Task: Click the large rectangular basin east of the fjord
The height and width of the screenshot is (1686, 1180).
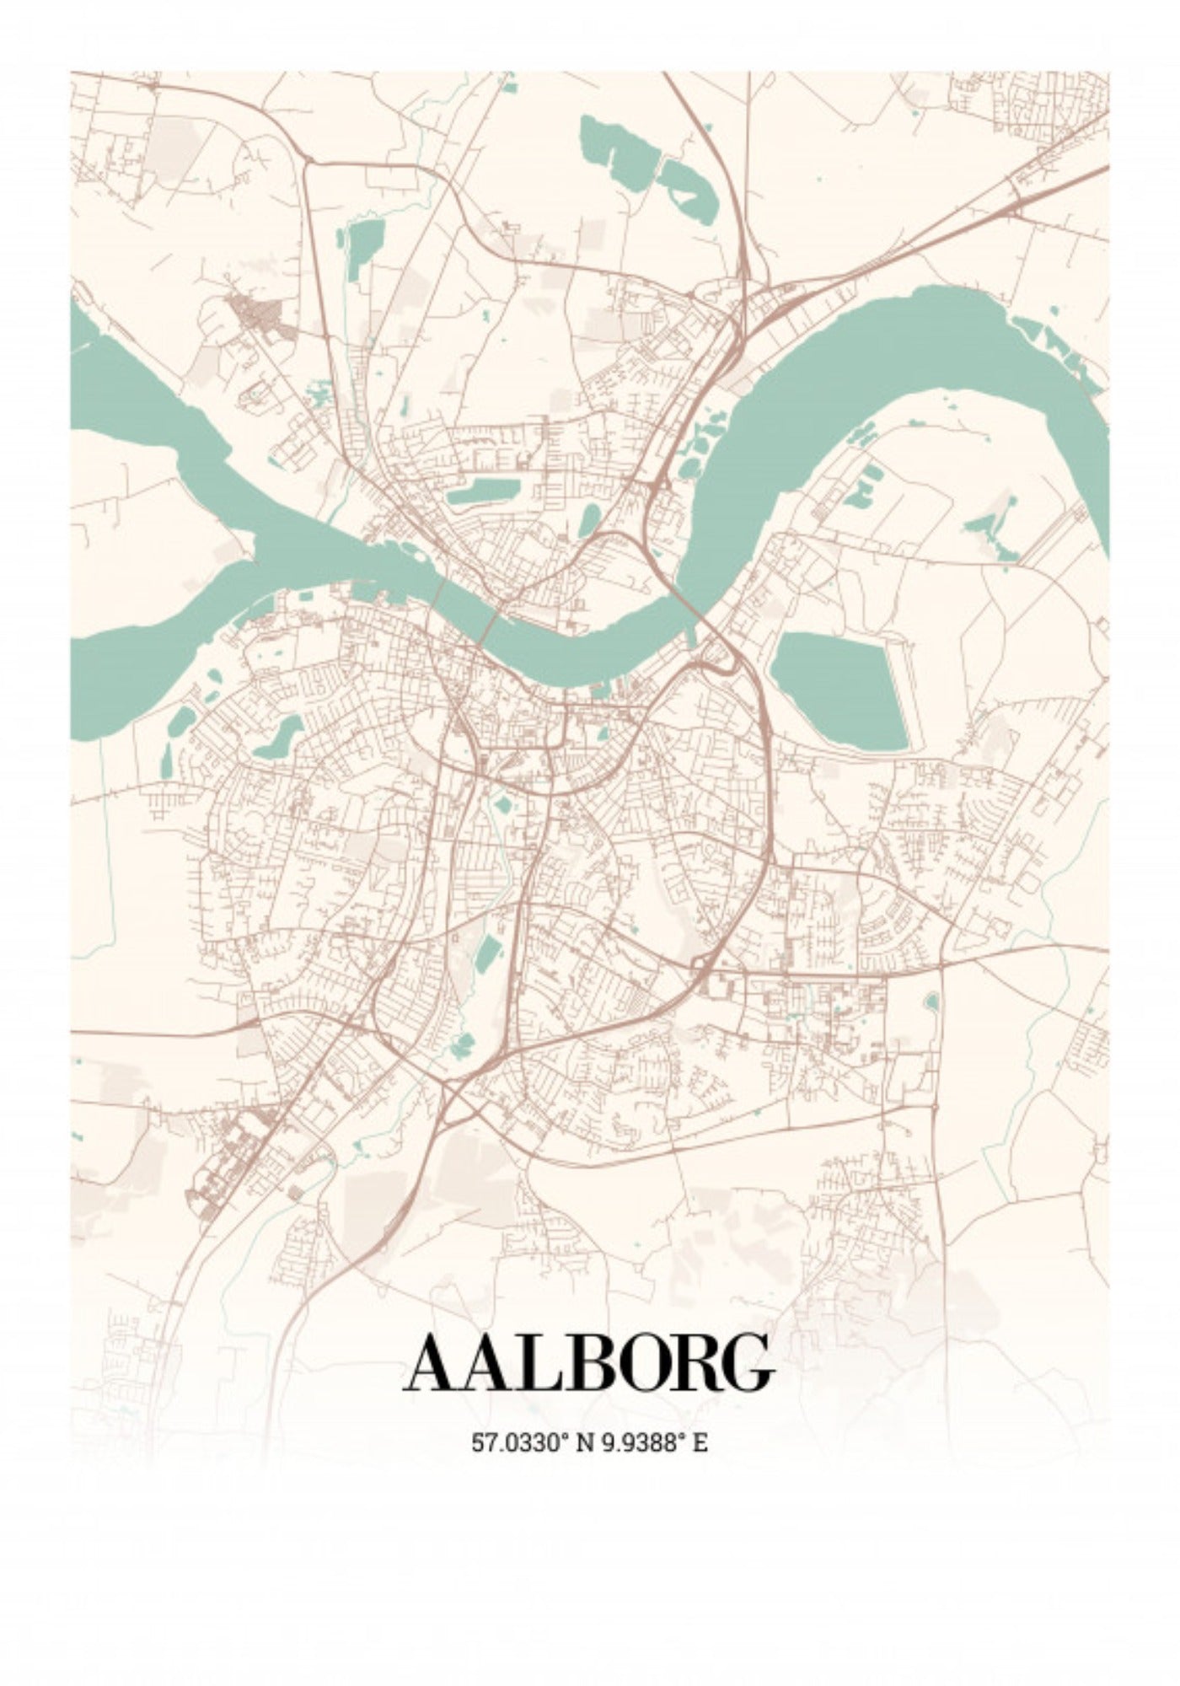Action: tap(839, 691)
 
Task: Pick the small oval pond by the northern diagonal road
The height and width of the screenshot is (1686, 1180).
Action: tap(589, 520)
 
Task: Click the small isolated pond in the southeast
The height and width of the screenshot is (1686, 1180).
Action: tap(931, 1002)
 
